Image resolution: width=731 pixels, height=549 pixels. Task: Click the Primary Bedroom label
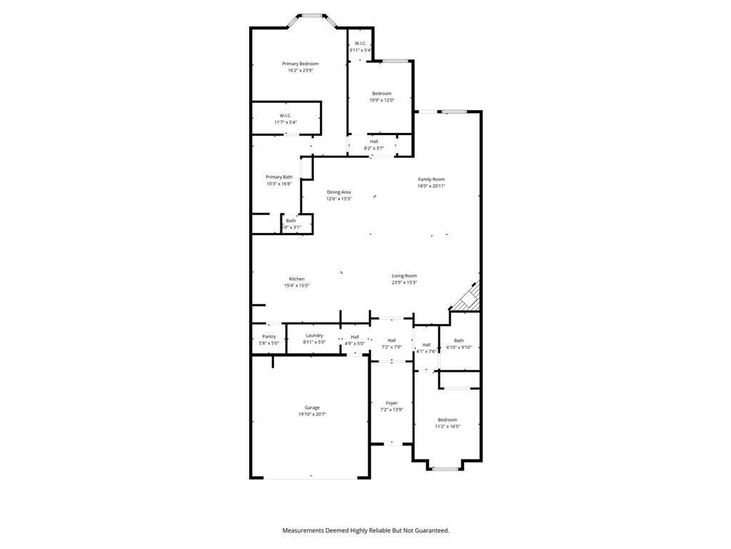tap(300, 64)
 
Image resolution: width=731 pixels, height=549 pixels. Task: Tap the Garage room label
tap(312, 407)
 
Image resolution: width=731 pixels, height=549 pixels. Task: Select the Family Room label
tap(431, 179)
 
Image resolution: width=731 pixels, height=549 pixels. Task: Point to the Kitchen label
tap(296, 279)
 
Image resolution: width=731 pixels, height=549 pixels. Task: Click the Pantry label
tap(268, 336)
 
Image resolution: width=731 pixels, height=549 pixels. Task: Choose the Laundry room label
tap(314, 335)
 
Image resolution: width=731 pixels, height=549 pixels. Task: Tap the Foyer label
tap(391, 403)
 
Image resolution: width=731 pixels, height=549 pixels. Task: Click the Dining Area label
tap(338, 192)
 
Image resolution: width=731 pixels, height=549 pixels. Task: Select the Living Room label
tap(404, 275)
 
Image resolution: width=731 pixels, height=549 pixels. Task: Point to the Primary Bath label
tap(278, 177)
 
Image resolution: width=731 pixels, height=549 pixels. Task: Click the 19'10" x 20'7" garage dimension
tap(312, 415)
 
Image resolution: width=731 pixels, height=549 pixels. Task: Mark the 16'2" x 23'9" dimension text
tap(300, 71)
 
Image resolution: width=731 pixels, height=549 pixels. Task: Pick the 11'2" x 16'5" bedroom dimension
tap(448, 427)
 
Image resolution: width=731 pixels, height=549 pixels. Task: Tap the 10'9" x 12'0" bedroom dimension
tap(381, 100)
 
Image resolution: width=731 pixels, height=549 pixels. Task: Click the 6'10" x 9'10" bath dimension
tap(459, 347)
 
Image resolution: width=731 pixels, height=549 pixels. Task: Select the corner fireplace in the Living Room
tap(468, 297)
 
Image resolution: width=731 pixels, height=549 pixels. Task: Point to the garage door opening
tap(310, 478)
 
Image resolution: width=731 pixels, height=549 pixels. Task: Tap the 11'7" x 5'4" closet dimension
tap(285, 122)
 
